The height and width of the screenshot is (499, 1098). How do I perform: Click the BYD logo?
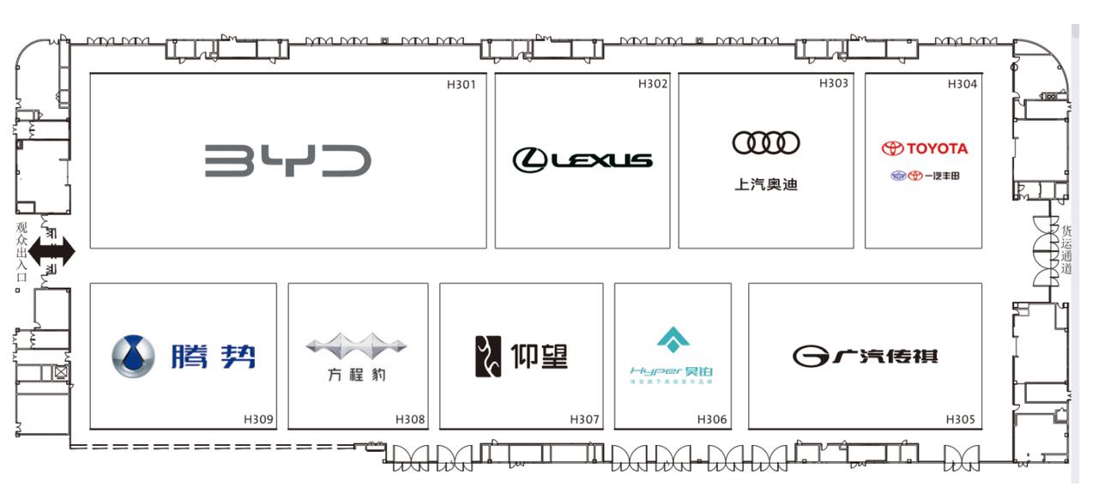288,161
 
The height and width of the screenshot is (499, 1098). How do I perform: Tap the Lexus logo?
582,159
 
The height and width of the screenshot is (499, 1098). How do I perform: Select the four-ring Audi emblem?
766,143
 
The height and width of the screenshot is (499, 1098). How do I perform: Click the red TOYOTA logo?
925,148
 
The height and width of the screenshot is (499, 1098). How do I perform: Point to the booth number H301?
461,84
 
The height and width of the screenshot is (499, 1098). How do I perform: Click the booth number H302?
652,84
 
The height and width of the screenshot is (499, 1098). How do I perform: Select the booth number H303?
833,83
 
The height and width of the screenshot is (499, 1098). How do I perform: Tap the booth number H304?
962,84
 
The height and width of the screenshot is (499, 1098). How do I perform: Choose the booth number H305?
960,419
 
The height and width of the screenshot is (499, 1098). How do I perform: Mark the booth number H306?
712,419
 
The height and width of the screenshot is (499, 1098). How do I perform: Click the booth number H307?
584,419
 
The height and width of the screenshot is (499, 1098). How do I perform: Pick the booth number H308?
410,419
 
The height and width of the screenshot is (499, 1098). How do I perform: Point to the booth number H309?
258,419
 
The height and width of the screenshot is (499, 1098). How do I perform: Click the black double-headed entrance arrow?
52,251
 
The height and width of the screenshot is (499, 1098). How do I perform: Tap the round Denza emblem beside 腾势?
134,357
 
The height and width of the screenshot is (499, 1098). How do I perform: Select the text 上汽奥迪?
766,184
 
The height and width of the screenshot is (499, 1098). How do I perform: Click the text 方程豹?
356,375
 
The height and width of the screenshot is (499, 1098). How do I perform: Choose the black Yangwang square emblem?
487,357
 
